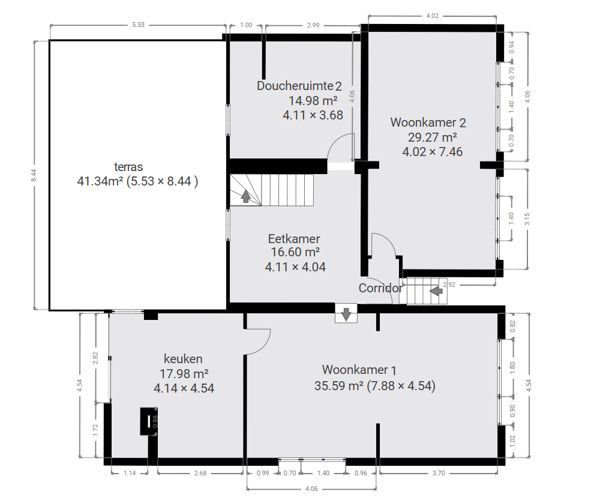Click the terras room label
pyautogui.click(x=128, y=167)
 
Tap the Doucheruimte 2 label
pyautogui.click(x=299, y=85)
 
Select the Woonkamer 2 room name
pyautogui.click(x=428, y=122)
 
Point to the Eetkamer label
pyautogui.click(x=294, y=238)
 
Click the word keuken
pyautogui.click(x=183, y=359)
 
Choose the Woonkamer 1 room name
pyautogui.click(x=359, y=370)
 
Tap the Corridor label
pyautogui.click(x=380, y=288)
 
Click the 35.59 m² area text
pyautogui.click(x=339, y=385)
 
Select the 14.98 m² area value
pyautogui.click(x=313, y=100)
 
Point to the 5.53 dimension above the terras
pyautogui.click(x=138, y=25)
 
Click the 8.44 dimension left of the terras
pyautogui.click(x=34, y=175)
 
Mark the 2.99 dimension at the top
pyautogui.click(x=313, y=25)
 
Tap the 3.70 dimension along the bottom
pyautogui.click(x=439, y=473)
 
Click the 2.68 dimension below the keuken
pyautogui.click(x=200, y=473)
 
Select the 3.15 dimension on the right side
pyautogui.click(x=527, y=219)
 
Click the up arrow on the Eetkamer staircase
pyautogui.click(x=245, y=196)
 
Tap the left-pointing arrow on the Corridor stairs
pyautogui.click(x=436, y=291)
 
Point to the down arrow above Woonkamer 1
pyautogui.click(x=346, y=314)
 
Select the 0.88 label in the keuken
pyautogui.click(x=155, y=421)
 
